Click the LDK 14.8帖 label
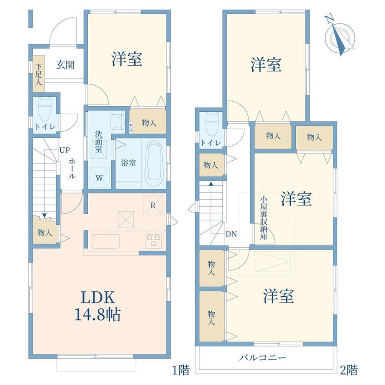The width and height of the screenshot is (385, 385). [x=98, y=305]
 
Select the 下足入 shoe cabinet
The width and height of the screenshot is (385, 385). [x=38, y=74]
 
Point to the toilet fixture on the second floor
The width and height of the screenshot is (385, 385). [x=213, y=124]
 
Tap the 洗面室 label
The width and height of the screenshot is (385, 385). [x=99, y=142]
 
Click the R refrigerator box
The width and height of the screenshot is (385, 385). [x=153, y=205]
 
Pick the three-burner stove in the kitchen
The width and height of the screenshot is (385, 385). [x=153, y=241]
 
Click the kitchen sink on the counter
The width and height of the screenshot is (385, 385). [x=105, y=241]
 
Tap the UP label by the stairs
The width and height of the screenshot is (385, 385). [x=64, y=150]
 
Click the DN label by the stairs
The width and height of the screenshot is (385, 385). [x=231, y=234]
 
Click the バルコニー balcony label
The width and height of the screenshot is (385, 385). [x=263, y=357]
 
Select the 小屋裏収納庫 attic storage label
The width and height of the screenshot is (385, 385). [x=264, y=218]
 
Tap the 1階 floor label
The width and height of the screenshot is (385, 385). [x=181, y=370]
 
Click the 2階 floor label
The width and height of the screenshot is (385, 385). [x=349, y=370]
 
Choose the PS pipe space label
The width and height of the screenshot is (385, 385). [x=131, y=128]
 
